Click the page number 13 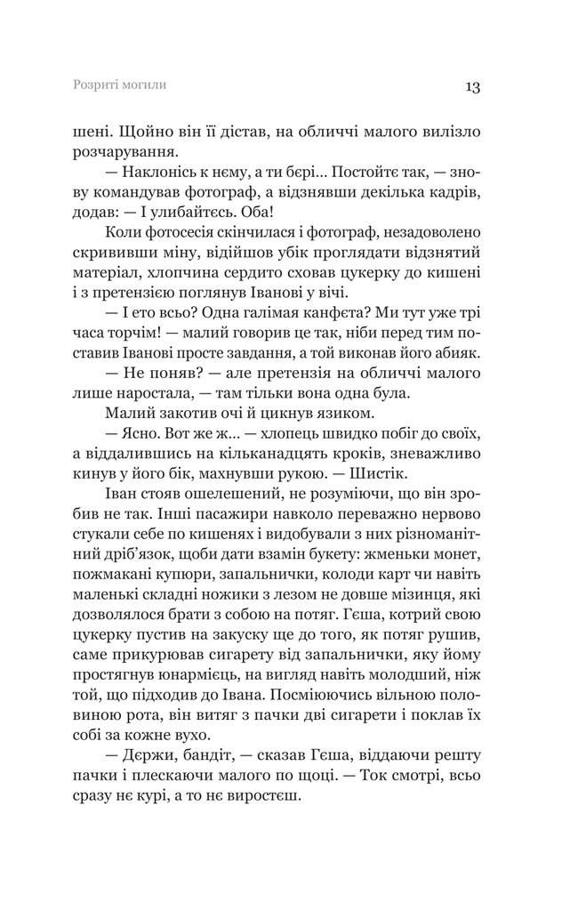471,87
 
